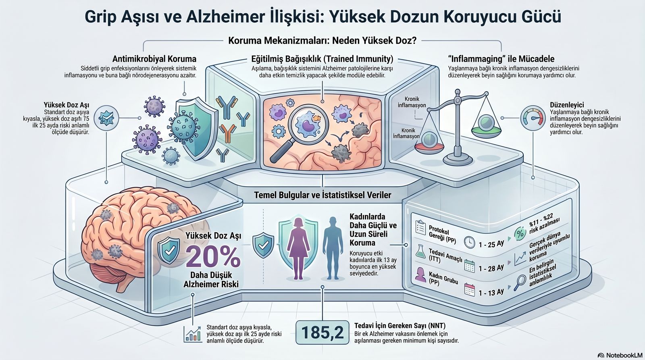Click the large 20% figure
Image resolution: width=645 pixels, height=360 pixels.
pyautogui.click(x=213, y=257)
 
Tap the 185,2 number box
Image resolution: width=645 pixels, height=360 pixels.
pyautogui.click(x=323, y=332)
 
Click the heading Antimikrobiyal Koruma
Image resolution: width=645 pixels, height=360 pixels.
pyautogui.click(x=154, y=59)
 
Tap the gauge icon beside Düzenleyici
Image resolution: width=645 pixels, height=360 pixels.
pyautogui.click(x=533, y=118)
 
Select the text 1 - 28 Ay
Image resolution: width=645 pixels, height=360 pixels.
pyautogui.click(x=491, y=268)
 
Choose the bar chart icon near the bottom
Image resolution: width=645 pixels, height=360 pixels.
pyautogui.click(x=192, y=334)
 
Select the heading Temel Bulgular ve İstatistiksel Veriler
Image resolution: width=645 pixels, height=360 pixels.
pyautogui.click(x=323, y=195)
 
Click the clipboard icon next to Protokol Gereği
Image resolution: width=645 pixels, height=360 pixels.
pyautogui.click(x=421, y=227)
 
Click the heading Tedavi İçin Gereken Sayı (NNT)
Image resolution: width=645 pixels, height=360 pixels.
pyautogui.click(x=400, y=326)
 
